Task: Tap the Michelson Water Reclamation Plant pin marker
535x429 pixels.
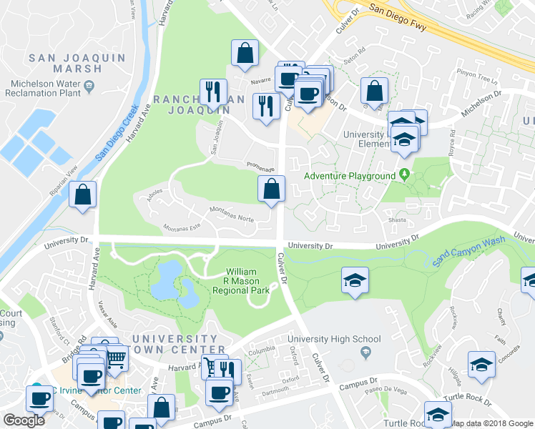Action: point(89,87)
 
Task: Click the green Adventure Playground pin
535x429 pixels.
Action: point(405,174)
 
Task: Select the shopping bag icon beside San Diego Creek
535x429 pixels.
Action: point(83,195)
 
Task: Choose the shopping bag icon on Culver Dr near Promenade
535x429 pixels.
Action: point(272,189)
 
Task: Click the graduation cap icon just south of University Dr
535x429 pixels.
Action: point(354,280)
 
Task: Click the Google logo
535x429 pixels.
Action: point(24,420)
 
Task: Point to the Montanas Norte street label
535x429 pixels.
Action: point(231,214)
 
